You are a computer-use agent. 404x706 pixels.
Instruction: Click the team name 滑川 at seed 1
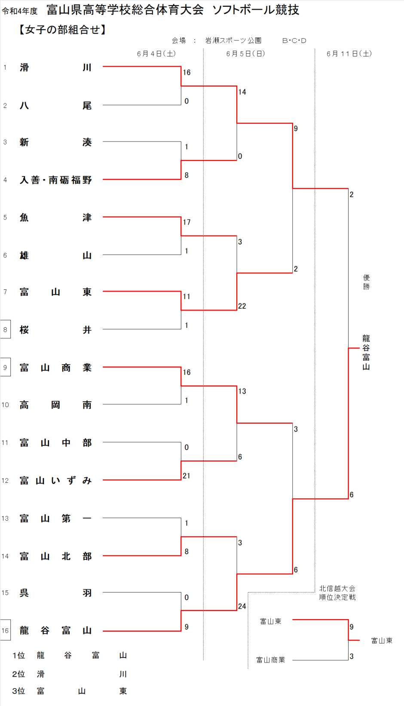coord(55,68)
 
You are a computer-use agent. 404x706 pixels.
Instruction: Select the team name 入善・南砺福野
coord(55,180)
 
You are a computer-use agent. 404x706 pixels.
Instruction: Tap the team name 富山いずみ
coord(55,481)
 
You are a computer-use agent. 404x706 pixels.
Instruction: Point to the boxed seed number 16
coord(5,630)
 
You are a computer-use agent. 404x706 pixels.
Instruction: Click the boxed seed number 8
coord(5,329)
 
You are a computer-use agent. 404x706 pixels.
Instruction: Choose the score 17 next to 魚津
coord(187,222)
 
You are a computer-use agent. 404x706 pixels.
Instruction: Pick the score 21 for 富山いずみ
coord(187,476)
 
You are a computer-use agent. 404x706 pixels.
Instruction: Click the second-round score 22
coord(242,306)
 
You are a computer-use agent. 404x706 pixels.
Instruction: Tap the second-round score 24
coord(242,606)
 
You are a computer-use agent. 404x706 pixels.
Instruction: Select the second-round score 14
coord(242,92)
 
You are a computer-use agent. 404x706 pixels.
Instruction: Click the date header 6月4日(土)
coord(156,54)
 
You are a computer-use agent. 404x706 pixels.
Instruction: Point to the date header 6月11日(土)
coord(349,54)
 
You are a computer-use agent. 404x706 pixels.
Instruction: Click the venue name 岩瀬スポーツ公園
coord(233,40)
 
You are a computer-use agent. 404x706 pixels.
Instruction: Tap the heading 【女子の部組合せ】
coord(62,30)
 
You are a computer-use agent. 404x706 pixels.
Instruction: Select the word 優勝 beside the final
coord(366,282)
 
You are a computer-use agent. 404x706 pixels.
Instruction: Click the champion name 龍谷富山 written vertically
coord(366,353)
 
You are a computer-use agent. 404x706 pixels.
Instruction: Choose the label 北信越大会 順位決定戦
coord(337,593)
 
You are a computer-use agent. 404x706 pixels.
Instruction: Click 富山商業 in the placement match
coord(270,660)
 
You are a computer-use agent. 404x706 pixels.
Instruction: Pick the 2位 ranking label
coord(18,674)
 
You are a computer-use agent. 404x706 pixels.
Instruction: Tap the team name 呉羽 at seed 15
coord(55,593)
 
